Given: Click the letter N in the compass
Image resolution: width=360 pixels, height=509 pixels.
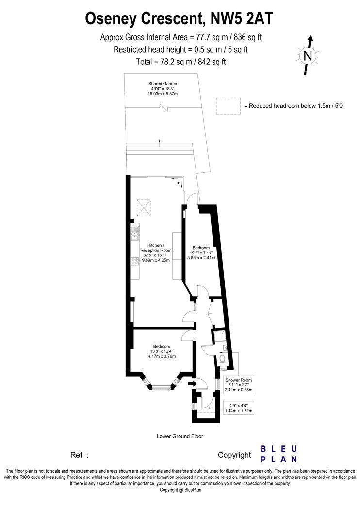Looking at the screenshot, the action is (x=308, y=57).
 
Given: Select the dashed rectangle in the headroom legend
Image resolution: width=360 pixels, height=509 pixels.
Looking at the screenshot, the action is (x=229, y=106).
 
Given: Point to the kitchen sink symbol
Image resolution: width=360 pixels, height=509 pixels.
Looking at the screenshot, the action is (x=135, y=233).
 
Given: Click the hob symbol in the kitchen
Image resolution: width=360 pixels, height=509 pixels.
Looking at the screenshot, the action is (x=135, y=261).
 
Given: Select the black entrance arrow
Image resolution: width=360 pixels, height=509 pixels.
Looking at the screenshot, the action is (x=192, y=384).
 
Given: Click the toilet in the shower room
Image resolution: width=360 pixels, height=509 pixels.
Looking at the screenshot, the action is (x=223, y=359).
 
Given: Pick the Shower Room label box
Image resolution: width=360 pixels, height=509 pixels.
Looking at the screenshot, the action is (x=239, y=385).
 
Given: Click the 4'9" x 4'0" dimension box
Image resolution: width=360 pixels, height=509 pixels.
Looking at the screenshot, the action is (x=239, y=408).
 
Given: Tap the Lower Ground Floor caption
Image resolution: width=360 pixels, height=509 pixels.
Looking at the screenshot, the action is (x=180, y=436).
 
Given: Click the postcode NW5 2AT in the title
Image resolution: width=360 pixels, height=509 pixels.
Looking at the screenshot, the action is (x=242, y=18).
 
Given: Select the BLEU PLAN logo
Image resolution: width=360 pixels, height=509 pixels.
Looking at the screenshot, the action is (x=279, y=454).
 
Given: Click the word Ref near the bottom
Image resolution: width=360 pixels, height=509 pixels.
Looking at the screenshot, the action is (x=76, y=455).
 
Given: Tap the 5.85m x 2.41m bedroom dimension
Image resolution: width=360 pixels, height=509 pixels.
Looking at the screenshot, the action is (x=201, y=258).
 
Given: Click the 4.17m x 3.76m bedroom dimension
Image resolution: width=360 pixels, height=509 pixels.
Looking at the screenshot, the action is (x=162, y=356).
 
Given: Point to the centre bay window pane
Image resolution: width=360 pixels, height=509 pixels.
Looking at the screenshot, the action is (x=162, y=387).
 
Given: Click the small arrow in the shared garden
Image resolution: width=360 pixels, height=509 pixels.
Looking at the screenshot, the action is (x=159, y=141).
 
